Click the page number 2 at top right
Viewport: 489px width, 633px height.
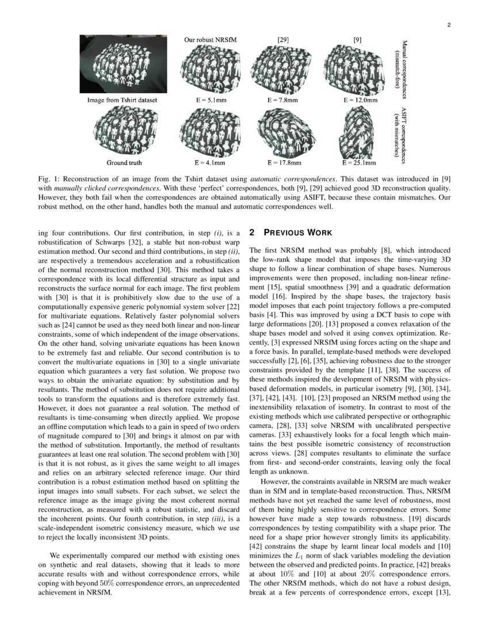tap(448, 25)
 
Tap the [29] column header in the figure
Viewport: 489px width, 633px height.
tap(282, 40)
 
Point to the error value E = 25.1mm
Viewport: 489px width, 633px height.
tap(360, 163)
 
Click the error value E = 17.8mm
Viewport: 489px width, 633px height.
tap(282, 163)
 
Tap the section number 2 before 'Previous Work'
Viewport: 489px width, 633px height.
tap(252, 232)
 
